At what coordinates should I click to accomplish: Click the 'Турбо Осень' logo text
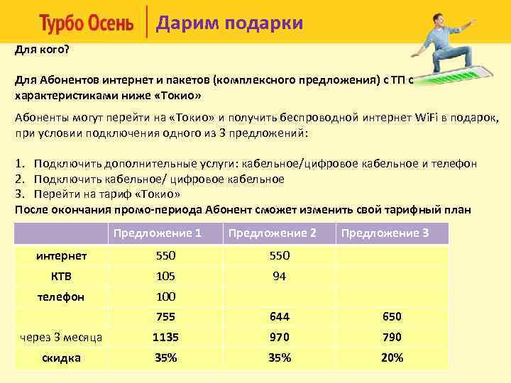[87, 24]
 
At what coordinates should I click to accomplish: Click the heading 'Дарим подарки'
[229, 23]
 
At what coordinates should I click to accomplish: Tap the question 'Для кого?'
[43, 50]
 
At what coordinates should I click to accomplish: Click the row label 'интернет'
[62, 255]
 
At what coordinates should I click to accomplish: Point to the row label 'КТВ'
[62, 276]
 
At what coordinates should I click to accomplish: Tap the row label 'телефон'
[62, 296]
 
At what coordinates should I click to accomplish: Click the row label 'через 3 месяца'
[62, 338]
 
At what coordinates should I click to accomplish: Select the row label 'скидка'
[62, 358]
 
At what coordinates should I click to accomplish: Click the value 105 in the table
[165, 276]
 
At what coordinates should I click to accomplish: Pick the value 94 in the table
[279, 276]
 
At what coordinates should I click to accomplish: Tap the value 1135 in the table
[165, 338]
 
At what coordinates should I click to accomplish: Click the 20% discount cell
[392, 358]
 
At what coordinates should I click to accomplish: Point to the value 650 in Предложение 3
[392, 317]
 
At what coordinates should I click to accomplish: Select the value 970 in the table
[279, 338]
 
